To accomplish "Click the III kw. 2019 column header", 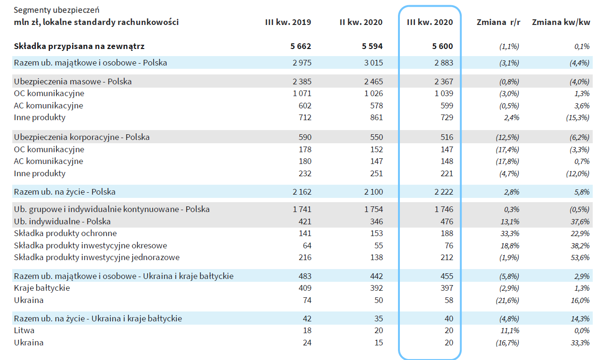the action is [288, 22].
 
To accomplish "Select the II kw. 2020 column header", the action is [361, 22].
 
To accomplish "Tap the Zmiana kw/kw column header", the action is [561, 22].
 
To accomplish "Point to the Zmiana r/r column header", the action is [498, 22].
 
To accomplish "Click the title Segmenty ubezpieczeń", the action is [57, 10].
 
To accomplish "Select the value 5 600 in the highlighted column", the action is [442, 46].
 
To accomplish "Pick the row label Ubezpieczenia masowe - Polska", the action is [73, 81].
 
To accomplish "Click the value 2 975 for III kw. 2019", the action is [302, 63].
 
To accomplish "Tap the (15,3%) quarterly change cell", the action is [578, 117].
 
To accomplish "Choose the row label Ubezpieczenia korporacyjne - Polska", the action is [82, 137].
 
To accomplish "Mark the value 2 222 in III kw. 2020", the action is [444, 192].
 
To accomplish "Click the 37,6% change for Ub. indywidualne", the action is [580, 221].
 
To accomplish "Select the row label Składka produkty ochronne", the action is [66, 233].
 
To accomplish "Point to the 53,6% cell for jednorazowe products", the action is [580, 257].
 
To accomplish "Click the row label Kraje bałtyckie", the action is [42, 288].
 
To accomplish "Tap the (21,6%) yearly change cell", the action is [507, 300].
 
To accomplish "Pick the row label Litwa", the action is [24, 330].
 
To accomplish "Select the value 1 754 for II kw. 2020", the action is [373, 209].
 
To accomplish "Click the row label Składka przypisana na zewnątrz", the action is [79, 46].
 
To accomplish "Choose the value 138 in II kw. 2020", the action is [376, 257].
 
